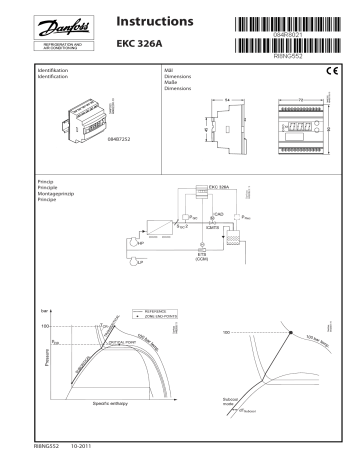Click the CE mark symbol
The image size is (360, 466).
pyautogui.click(x=333, y=69)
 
